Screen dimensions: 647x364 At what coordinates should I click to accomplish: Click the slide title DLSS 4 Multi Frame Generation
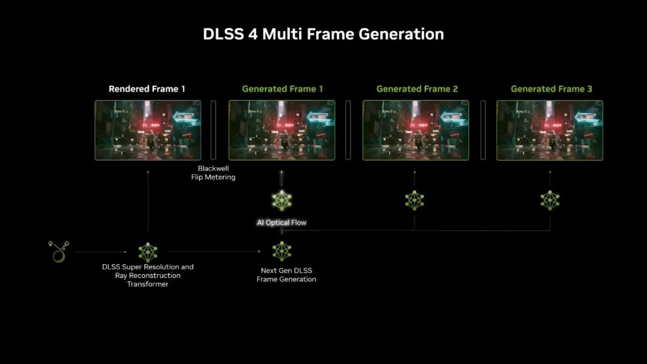coord(323,34)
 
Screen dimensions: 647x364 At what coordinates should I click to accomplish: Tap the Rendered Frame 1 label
coord(147,89)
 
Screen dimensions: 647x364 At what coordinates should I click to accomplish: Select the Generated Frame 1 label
coord(282,89)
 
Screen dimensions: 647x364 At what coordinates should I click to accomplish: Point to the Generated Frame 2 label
coord(417,89)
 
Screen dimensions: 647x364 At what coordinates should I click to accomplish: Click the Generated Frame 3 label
coord(551,89)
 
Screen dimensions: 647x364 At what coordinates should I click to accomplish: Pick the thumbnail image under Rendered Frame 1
coord(147,130)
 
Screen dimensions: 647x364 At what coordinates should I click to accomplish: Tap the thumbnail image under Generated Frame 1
coord(282,130)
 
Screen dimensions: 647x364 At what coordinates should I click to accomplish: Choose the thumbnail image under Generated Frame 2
coord(416,130)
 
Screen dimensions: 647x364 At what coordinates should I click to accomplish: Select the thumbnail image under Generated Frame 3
coord(549,130)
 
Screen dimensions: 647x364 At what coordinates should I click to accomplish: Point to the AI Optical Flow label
coord(282,223)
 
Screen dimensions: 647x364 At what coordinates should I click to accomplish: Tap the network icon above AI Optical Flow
coord(282,201)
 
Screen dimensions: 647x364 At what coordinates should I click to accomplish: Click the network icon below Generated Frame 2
coord(415,200)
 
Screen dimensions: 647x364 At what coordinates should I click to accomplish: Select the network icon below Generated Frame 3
coord(550,200)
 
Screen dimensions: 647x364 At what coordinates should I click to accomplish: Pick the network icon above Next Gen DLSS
coord(282,251)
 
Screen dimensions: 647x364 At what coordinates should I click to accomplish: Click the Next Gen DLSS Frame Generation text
coord(286,275)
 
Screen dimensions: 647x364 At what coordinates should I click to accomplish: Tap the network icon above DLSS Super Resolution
coord(147,252)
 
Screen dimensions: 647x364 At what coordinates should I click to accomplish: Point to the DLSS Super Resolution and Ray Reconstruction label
coord(147,275)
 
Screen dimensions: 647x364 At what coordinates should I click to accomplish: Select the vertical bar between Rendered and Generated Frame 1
coord(213,130)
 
